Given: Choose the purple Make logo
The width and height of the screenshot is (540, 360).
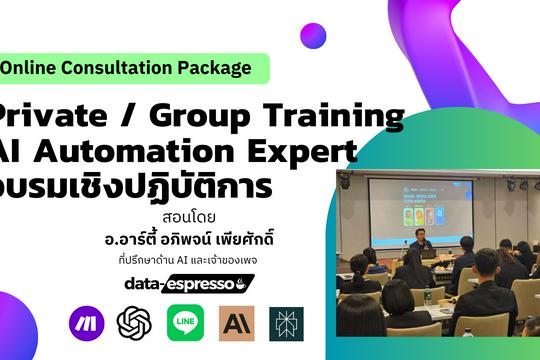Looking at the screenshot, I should (86, 322).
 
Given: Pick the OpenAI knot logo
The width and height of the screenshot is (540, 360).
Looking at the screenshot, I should (134, 322).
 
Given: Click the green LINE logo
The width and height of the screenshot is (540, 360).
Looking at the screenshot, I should (185, 322).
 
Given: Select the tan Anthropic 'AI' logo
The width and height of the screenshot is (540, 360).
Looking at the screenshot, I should (237, 322).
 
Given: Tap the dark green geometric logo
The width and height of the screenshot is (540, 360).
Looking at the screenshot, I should (286, 322).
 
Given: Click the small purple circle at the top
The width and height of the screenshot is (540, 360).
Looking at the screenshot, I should (313, 37).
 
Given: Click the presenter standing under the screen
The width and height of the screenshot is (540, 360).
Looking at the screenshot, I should (419, 247).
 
